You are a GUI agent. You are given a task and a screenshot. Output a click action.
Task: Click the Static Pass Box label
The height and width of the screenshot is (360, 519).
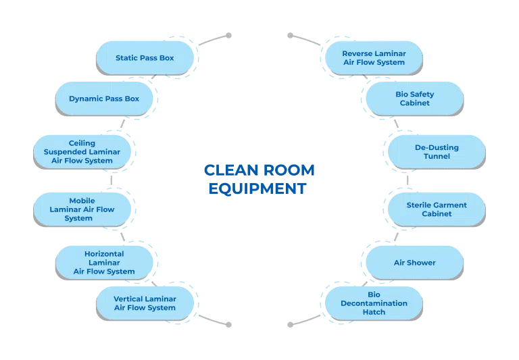[145, 58]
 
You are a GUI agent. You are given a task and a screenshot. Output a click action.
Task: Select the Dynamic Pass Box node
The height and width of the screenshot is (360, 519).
[104, 99]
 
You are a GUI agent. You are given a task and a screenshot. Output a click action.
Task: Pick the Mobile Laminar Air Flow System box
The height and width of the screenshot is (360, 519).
[82, 209]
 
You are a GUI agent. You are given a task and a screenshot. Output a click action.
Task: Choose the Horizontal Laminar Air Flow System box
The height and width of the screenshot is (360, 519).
[104, 262]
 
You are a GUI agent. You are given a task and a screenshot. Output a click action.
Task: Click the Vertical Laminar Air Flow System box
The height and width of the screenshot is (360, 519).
[145, 303]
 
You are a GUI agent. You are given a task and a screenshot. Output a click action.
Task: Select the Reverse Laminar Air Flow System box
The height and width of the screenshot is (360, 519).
[374, 57]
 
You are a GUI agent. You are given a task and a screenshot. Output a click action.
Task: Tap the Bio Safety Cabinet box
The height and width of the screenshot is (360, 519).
[414, 99]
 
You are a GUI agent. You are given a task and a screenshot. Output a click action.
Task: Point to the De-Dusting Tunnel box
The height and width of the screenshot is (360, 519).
[437, 152]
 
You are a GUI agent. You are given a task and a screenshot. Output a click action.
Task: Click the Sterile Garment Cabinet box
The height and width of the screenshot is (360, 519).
[437, 209]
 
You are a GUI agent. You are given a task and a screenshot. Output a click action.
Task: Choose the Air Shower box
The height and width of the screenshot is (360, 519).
[414, 263]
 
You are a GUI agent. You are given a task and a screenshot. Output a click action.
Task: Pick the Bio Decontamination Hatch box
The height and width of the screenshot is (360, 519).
[374, 303]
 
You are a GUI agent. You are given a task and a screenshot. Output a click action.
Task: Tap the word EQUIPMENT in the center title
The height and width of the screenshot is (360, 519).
[257, 188]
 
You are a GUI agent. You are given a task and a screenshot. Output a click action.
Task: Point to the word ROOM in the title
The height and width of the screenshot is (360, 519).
[289, 170]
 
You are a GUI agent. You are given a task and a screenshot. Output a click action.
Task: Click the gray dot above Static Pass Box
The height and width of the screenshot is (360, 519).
[228, 35]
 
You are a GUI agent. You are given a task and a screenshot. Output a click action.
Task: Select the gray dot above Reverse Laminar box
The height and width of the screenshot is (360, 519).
[290, 35]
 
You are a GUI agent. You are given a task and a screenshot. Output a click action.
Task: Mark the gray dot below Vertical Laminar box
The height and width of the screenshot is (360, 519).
[228, 325]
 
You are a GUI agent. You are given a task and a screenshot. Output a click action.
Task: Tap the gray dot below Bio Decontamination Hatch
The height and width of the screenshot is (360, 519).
[290, 325]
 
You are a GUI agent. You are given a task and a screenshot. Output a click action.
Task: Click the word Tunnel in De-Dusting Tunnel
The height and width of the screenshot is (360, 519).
[437, 157]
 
